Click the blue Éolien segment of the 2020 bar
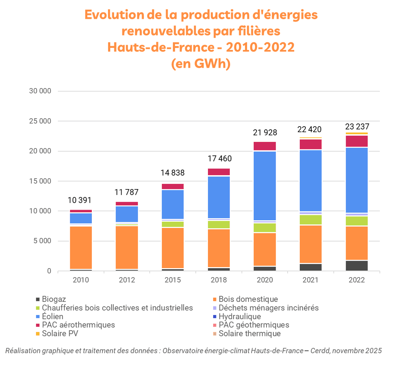point(265,186)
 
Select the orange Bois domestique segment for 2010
point(81,247)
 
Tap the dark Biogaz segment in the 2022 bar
point(357,265)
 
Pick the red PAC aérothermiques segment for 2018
point(219,172)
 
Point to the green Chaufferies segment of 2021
point(311,220)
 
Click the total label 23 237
point(357,127)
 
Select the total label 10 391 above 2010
point(79,200)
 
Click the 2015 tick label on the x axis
point(173,280)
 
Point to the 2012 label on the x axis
point(127,280)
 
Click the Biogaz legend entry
point(54,299)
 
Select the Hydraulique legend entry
point(240,317)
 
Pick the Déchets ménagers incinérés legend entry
point(268,308)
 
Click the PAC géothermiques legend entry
point(254,325)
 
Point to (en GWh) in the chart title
point(201,64)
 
